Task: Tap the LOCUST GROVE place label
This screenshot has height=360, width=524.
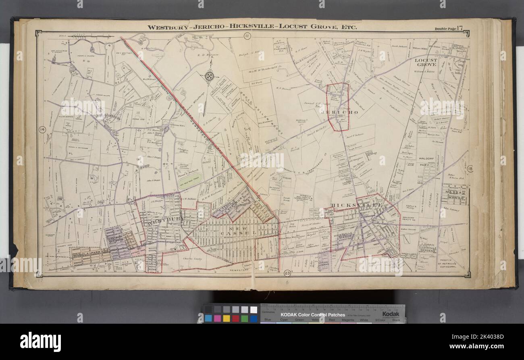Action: (x=426, y=62)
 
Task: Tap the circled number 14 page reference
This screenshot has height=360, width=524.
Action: (x=42, y=129)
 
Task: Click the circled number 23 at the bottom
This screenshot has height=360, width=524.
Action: (x=287, y=271)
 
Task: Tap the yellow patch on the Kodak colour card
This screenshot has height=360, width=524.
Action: (x=227, y=318)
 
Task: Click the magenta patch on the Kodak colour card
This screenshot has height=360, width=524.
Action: (x=217, y=318)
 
